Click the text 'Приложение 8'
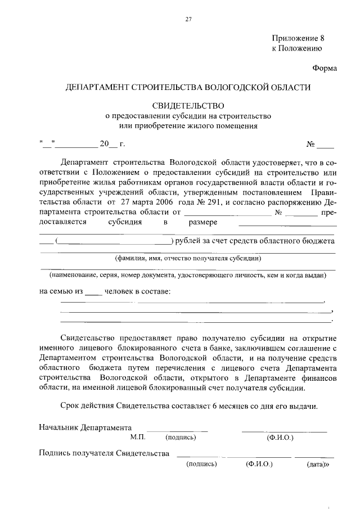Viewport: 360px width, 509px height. pyautogui.click(x=298, y=39)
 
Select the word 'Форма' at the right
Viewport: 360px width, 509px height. pyautogui.click(x=325, y=69)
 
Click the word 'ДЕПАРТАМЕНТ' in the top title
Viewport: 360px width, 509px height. pyautogui.click(x=97, y=88)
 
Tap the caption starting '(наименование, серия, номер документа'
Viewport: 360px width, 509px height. pyautogui.click(x=188, y=276)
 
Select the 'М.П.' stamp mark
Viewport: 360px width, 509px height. pyautogui.click(x=138, y=436)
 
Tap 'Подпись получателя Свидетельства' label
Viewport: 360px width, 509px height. pyautogui.click(x=104, y=453)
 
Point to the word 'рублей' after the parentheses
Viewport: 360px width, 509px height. pyautogui.click(x=188, y=241)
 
